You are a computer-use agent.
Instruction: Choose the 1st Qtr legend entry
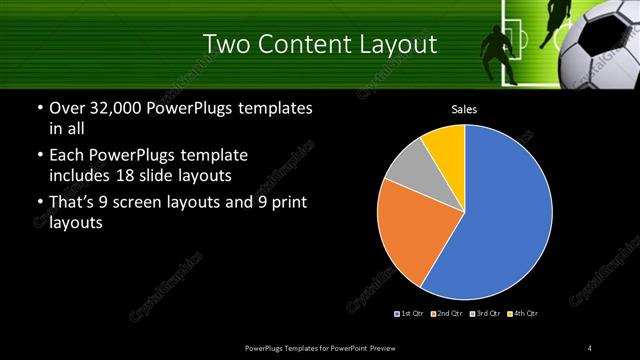[409, 314]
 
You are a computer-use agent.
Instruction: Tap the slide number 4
[590, 347]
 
